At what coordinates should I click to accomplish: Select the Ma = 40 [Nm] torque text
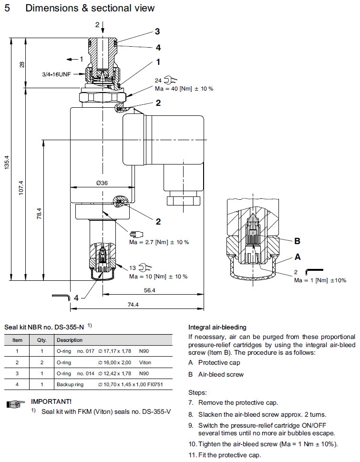pos(184,89)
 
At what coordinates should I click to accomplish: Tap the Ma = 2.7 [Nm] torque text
pos(159,242)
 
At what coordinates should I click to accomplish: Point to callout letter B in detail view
pos(297,241)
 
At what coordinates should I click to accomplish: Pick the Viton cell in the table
pos(145,362)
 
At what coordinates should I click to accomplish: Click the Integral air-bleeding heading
pos(217,327)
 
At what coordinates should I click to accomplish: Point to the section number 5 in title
pos(7,8)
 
